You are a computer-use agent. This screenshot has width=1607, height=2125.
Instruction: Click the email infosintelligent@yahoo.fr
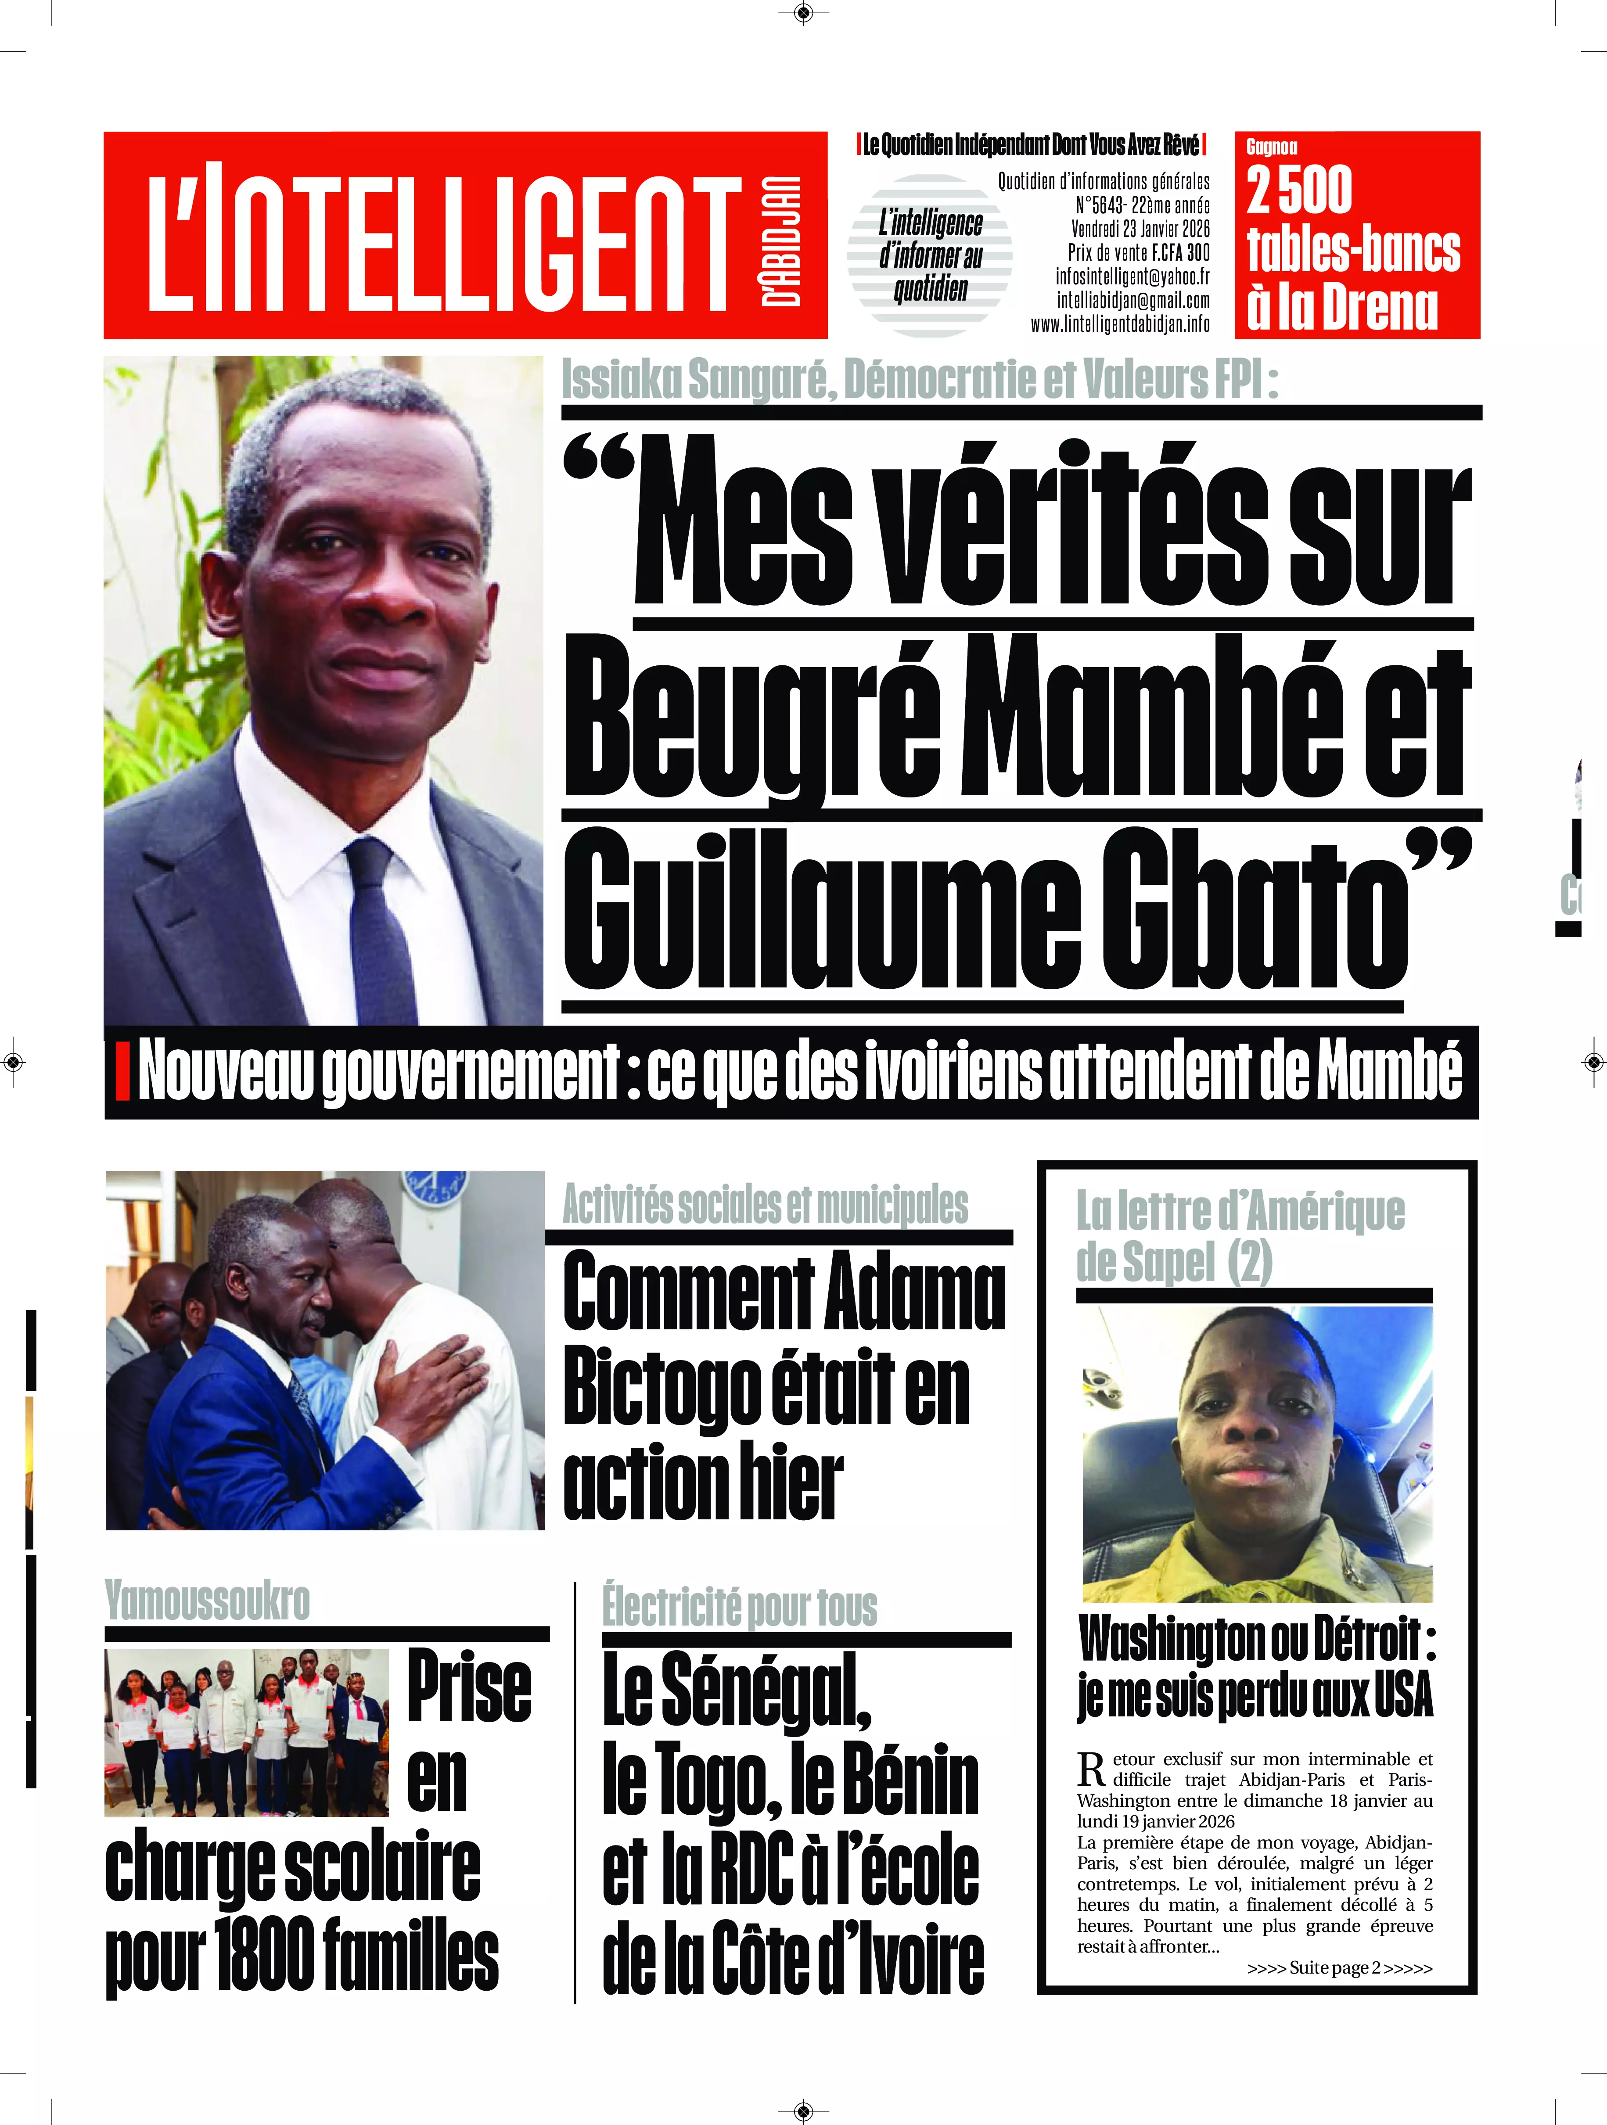tap(1132, 276)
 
